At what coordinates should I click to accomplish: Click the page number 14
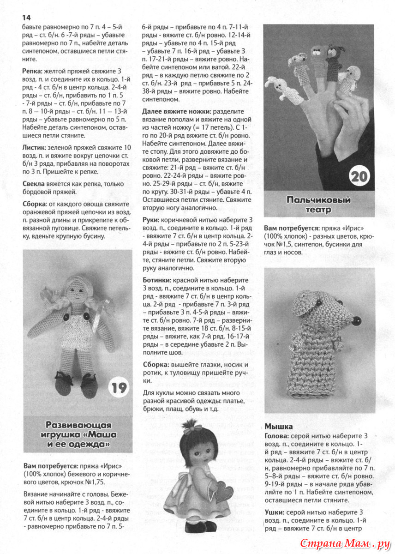tap(26, 17)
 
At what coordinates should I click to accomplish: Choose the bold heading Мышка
tap(279, 426)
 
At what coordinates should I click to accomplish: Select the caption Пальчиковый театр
tap(318, 205)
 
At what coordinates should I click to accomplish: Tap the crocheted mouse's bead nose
tap(355, 318)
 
